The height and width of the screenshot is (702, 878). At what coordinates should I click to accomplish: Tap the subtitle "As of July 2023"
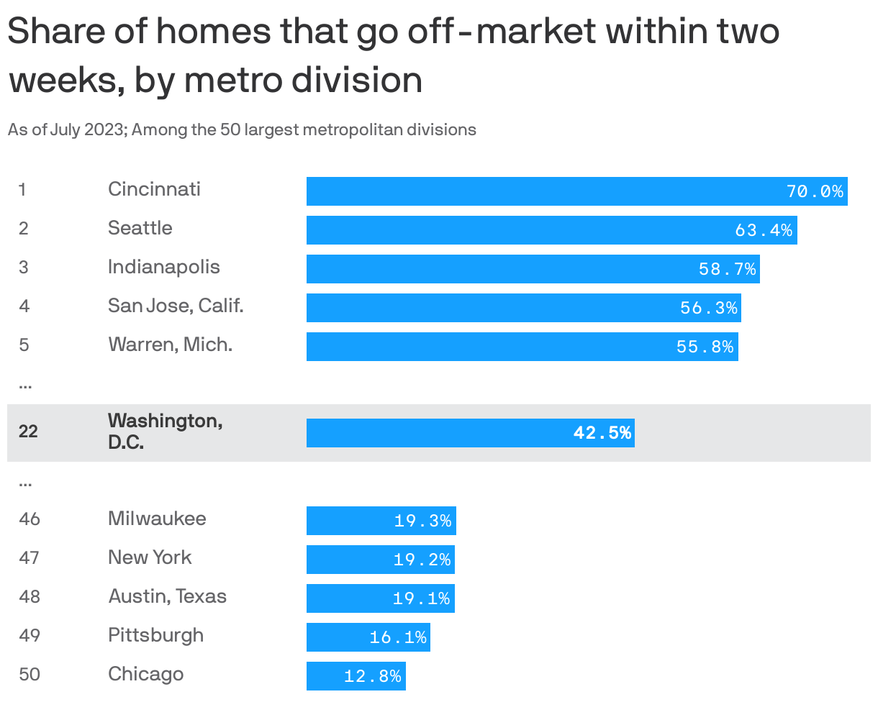[x=242, y=130]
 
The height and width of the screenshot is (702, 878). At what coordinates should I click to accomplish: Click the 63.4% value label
[x=764, y=230]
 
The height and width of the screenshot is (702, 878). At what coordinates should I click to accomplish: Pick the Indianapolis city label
[x=164, y=267]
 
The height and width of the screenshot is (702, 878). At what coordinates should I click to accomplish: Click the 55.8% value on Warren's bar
[x=705, y=347]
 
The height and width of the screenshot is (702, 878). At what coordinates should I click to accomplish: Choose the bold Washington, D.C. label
[x=165, y=431]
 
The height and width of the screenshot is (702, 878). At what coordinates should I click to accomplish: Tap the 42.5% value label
[x=602, y=433]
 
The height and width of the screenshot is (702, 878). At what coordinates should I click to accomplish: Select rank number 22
[x=28, y=432]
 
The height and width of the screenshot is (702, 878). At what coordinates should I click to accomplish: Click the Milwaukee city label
[x=157, y=519]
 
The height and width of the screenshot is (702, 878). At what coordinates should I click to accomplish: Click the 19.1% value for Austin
[x=422, y=598]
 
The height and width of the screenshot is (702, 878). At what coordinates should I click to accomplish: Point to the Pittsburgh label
[x=155, y=635]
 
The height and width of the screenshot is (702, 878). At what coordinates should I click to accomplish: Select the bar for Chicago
[x=356, y=676]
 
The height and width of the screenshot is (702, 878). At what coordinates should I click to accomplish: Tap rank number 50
[x=29, y=675]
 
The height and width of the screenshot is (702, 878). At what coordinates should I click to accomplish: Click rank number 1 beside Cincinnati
[x=22, y=190]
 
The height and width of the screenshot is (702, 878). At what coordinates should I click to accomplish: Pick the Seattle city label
[x=140, y=228]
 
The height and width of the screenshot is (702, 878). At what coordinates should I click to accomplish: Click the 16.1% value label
[x=398, y=637]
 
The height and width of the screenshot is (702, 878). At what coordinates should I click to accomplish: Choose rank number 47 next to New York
[x=29, y=558]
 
